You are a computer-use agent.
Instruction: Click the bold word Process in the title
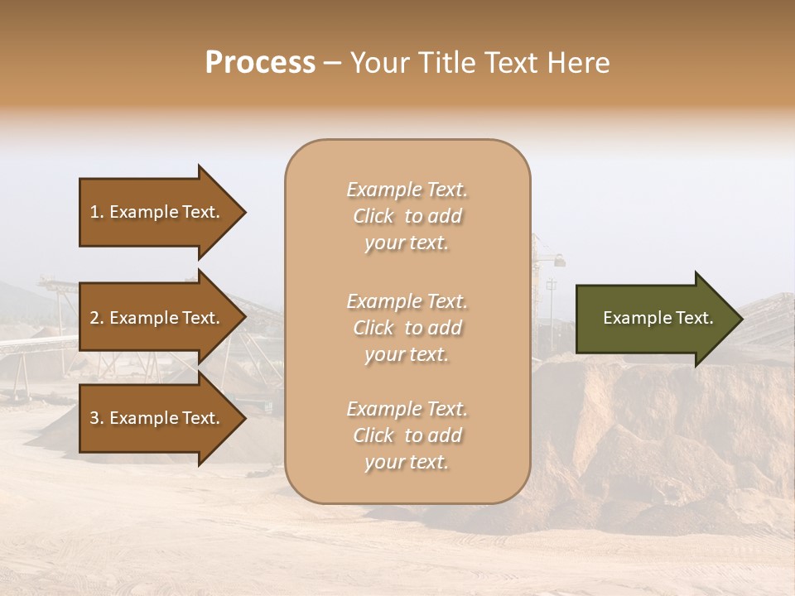tap(260, 63)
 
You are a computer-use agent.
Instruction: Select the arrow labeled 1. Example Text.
tap(157, 212)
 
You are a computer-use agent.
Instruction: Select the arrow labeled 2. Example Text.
tap(157, 318)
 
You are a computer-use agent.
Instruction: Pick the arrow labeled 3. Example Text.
tap(157, 418)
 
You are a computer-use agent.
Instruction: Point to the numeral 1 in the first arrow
tap(94, 212)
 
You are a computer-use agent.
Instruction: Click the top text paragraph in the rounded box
tap(407, 216)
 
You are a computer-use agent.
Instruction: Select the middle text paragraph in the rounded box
tap(407, 328)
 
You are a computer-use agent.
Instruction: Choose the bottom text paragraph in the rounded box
tap(407, 435)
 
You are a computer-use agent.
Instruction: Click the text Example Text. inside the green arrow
tap(658, 318)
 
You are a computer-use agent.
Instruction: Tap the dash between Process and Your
tap(332, 63)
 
